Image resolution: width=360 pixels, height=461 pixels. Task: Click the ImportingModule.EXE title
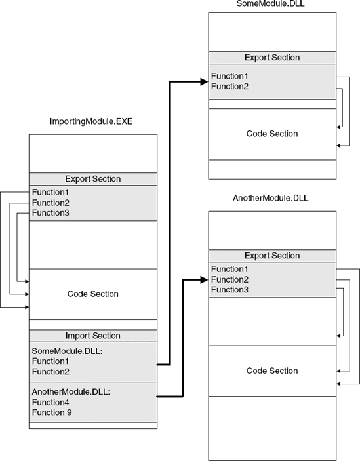click(x=91, y=122)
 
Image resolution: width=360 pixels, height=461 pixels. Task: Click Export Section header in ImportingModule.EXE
click(x=92, y=179)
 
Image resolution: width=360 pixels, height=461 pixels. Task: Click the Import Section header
click(x=92, y=336)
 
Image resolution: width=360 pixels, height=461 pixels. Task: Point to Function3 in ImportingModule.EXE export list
click(x=50, y=213)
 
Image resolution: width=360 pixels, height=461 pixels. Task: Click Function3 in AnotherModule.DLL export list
click(x=230, y=290)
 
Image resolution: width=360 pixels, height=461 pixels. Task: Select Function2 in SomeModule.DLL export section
click(x=230, y=86)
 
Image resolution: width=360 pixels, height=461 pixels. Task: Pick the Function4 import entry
click(x=50, y=402)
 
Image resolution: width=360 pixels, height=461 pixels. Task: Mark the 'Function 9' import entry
click(x=52, y=412)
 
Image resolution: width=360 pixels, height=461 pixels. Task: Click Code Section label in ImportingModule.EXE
click(x=92, y=294)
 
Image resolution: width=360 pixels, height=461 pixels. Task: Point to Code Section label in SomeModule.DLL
click(x=271, y=134)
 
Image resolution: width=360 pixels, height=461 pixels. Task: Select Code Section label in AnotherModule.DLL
click(x=271, y=371)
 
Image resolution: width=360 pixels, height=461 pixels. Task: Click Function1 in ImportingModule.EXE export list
click(x=50, y=192)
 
